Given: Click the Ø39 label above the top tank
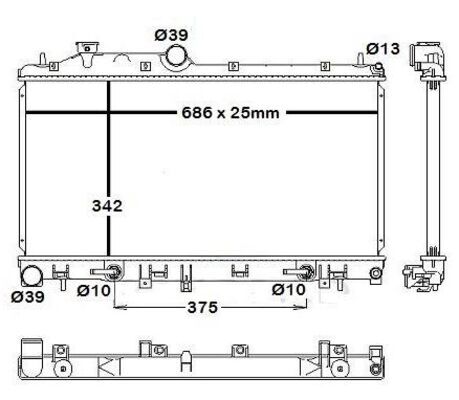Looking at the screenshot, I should tap(172, 35).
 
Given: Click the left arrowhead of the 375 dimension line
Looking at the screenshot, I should tap(119, 307).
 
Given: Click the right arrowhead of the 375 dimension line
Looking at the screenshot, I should tap(309, 307).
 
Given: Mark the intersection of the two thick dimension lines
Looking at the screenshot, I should tap(109, 112).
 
